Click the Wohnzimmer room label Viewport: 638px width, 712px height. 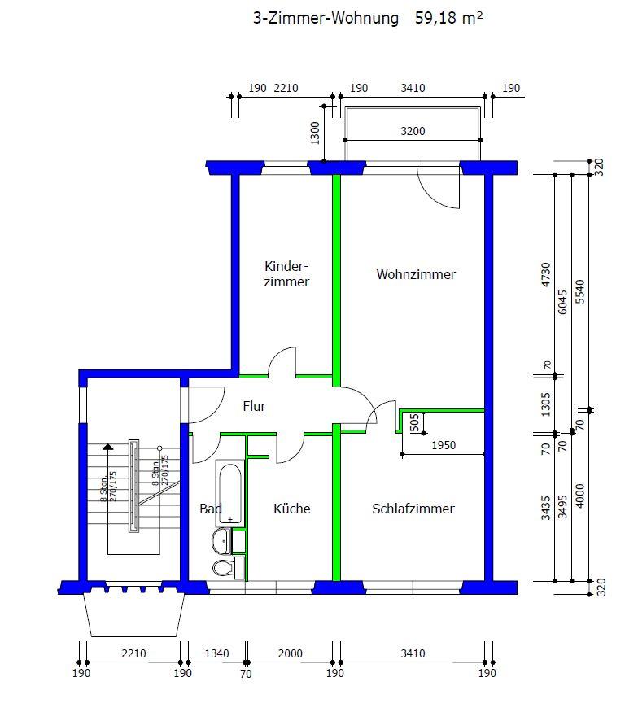(x=416, y=274)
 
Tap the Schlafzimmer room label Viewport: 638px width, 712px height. (x=413, y=509)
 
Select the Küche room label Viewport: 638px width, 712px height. (x=291, y=509)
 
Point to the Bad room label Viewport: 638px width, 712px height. (x=211, y=509)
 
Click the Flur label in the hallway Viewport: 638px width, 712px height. (x=255, y=406)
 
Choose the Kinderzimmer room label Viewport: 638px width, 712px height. (x=286, y=274)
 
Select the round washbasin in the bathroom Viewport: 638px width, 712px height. (x=221, y=540)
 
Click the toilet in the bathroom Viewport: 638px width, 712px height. (x=222, y=567)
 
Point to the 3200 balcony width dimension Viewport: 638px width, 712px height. (x=413, y=131)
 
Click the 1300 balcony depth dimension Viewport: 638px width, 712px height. (x=316, y=132)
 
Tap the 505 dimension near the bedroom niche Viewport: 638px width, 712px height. (x=414, y=422)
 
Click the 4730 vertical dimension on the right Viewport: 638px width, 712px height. (x=546, y=275)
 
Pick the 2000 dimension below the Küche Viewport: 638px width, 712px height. (x=290, y=653)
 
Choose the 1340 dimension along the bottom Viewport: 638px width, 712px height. (x=216, y=653)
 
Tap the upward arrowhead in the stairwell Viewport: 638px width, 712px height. (x=107, y=448)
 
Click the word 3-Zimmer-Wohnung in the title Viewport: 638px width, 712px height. (x=326, y=18)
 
